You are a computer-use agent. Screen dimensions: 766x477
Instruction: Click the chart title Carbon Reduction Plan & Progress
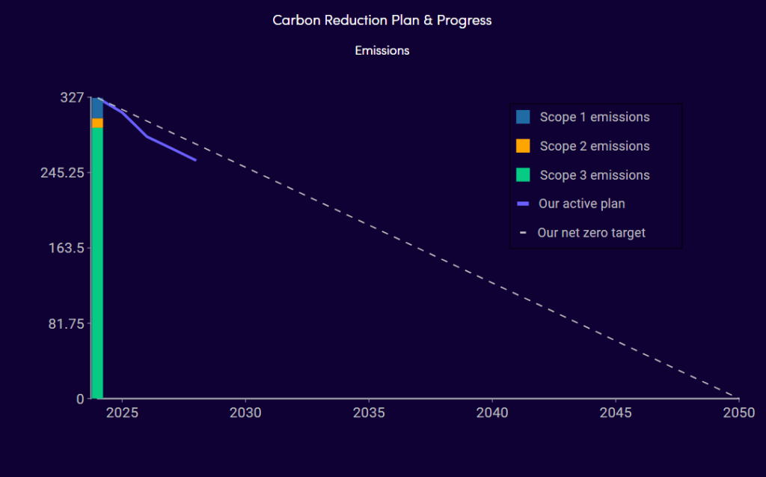382,20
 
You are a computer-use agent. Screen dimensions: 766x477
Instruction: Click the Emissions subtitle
382,50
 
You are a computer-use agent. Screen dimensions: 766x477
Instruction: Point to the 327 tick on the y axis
72,97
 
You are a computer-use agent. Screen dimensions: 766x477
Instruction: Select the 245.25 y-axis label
63,173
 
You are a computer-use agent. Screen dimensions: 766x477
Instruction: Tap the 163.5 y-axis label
67,248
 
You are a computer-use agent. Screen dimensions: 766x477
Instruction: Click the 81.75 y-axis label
67,323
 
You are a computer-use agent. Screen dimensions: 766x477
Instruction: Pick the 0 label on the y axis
80,399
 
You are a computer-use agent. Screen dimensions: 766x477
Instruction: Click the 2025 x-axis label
122,413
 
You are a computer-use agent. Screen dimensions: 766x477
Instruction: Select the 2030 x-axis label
245,413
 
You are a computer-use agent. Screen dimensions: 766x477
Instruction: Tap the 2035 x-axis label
369,413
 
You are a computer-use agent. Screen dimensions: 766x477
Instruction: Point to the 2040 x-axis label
492,413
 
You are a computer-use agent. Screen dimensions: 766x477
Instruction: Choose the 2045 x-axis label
616,413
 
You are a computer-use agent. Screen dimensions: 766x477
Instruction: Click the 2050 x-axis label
739,413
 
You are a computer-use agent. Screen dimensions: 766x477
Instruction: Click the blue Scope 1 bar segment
97,108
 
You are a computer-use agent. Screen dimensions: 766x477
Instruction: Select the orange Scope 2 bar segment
97,124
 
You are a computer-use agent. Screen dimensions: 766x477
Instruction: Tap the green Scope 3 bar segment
97,263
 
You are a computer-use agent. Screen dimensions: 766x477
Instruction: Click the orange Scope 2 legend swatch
523,146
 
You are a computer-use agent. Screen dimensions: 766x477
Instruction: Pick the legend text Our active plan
582,204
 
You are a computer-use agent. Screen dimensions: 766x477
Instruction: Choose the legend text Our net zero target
592,233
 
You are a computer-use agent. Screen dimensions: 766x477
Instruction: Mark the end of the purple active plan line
196,160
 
